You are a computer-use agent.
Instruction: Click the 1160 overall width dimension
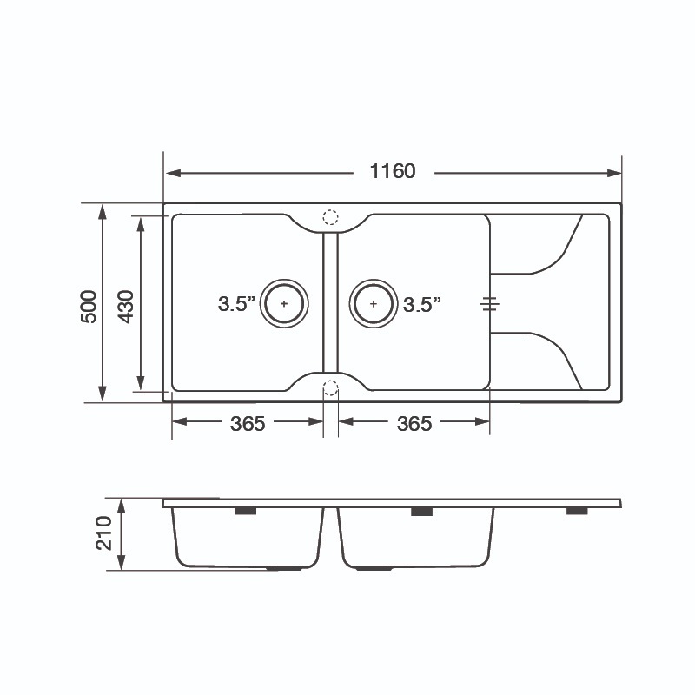point(393,171)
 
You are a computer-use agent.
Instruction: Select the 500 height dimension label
point(89,307)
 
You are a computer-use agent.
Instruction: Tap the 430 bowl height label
point(125,307)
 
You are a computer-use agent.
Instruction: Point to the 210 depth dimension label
point(103,533)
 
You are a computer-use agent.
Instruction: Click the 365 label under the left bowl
point(248,424)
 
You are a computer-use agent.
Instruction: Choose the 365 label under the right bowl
point(414,424)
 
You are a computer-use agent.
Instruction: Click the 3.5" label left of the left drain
point(236,303)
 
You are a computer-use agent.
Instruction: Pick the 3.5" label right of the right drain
point(422,304)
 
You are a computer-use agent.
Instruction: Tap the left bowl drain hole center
point(284,303)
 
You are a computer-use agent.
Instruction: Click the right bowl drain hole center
point(374,303)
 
